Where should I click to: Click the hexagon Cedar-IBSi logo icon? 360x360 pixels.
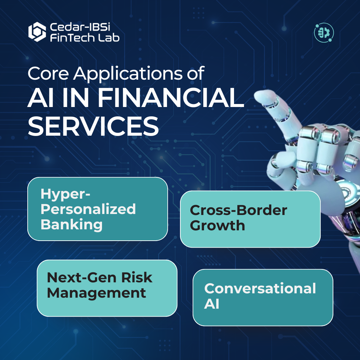(37, 32)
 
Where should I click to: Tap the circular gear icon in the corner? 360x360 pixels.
(324, 33)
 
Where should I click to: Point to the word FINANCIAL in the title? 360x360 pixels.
(171, 98)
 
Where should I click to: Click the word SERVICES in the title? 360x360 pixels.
(93, 126)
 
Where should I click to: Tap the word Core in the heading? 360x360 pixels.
(48, 73)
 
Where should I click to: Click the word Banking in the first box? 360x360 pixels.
(72, 225)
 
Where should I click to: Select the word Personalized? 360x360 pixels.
(88, 209)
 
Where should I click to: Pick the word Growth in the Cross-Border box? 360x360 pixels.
(217, 225)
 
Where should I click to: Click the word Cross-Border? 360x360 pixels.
(239, 210)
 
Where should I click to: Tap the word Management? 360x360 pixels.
(96, 293)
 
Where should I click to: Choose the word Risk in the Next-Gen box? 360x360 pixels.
(137, 278)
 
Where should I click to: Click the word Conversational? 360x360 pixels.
(260, 288)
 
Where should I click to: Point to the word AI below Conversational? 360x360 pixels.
(211, 304)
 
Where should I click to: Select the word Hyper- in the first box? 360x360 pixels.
(65, 194)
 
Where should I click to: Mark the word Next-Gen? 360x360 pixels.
(82, 278)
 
